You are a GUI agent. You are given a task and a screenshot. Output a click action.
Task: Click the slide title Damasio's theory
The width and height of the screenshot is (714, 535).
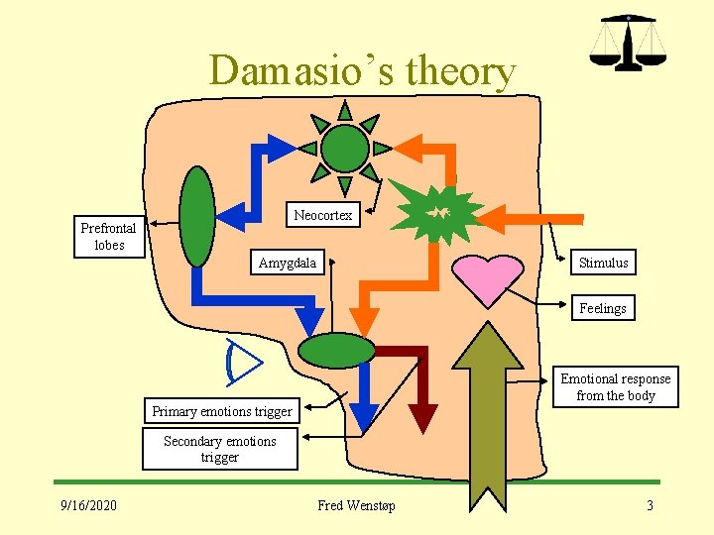pyautogui.click(x=362, y=71)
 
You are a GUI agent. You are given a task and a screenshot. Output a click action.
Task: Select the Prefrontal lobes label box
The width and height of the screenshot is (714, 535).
pyautogui.click(x=109, y=236)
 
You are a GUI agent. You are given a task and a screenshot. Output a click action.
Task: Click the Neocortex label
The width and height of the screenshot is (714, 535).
pyautogui.click(x=323, y=215)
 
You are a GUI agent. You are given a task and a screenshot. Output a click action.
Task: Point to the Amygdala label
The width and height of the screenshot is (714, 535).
pyautogui.click(x=288, y=263)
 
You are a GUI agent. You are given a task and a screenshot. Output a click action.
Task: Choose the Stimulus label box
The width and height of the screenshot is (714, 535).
pyautogui.click(x=603, y=263)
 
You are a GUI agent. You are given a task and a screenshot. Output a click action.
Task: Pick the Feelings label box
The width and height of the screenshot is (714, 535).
pyautogui.click(x=603, y=308)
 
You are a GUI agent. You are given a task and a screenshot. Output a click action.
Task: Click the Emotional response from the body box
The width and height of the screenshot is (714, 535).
pyautogui.click(x=615, y=387)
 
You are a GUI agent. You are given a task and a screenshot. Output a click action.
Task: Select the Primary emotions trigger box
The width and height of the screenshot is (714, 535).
pyautogui.click(x=222, y=411)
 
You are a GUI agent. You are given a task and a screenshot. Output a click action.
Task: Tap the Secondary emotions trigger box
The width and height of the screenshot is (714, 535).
pyautogui.click(x=220, y=449)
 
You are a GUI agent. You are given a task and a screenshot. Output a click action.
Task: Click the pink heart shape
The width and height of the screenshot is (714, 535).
pyautogui.click(x=487, y=277)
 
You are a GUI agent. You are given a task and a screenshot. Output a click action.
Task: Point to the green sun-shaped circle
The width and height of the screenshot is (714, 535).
pyautogui.click(x=345, y=149)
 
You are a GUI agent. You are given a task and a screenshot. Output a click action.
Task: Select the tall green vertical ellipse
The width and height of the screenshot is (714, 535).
pyautogui.click(x=198, y=216)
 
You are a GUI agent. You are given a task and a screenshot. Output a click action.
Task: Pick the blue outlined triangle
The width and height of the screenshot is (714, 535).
pyautogui.click(x=244, y=362)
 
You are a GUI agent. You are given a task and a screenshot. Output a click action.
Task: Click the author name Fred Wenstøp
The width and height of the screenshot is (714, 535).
pyautogui.click(x=356, y=506)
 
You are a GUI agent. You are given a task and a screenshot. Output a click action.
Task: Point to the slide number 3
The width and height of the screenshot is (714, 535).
pyautogui.click(x=650, y=506)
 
